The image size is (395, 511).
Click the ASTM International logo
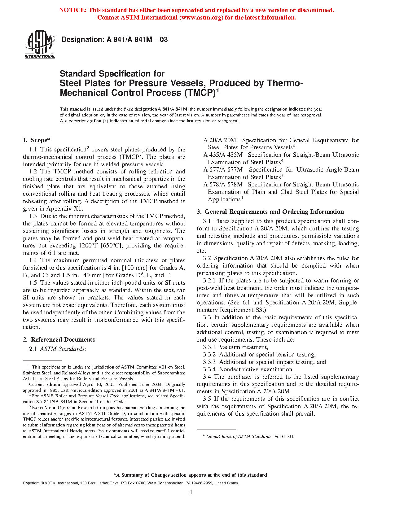click(40, 44)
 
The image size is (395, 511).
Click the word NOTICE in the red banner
click(72, 10)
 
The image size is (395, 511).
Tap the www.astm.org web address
click(201, 18)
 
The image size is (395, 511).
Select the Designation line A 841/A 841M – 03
click(115, 40)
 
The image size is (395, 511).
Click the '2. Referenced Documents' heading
click(59, 340)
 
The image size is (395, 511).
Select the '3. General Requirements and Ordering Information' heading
click(270, 212)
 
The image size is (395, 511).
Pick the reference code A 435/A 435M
click(223, 155)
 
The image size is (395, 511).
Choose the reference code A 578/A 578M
click(223, 185)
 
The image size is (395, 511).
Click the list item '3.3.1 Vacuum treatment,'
click(235, 347)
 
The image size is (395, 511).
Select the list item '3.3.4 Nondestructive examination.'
click(248, 369)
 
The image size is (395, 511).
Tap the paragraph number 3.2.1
click(210, 281)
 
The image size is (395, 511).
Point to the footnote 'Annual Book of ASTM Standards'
click(239, 437)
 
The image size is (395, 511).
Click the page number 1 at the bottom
click(191, 492)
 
